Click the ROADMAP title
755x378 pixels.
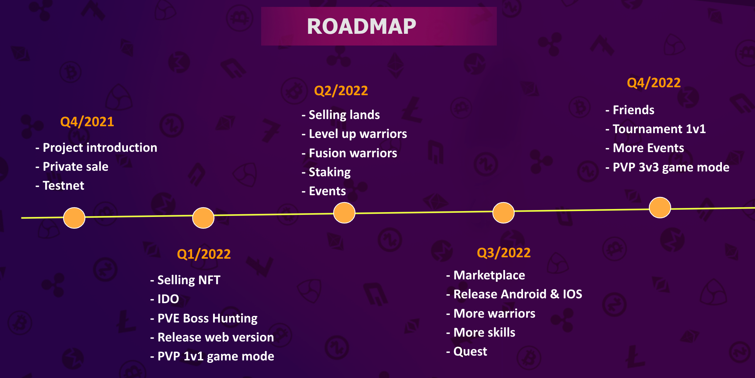tap(361, 27)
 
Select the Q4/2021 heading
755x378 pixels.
tap(87, 122)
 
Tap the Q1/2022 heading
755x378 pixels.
tap(204, 254)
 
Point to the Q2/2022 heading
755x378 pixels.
tap(341, 91)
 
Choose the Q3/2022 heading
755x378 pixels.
tap(504, 253)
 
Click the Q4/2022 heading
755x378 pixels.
tap(654, 83)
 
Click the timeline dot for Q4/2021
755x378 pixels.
tap(74, 218)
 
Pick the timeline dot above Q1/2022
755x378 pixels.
tap(203, 218)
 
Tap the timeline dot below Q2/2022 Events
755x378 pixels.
tap(344, 212)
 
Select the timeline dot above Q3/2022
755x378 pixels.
tap(503, 212)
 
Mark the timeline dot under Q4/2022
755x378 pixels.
tap(660, 207)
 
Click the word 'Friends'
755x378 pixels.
tap(634, 110)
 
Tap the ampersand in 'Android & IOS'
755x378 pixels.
tap(555, 294)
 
